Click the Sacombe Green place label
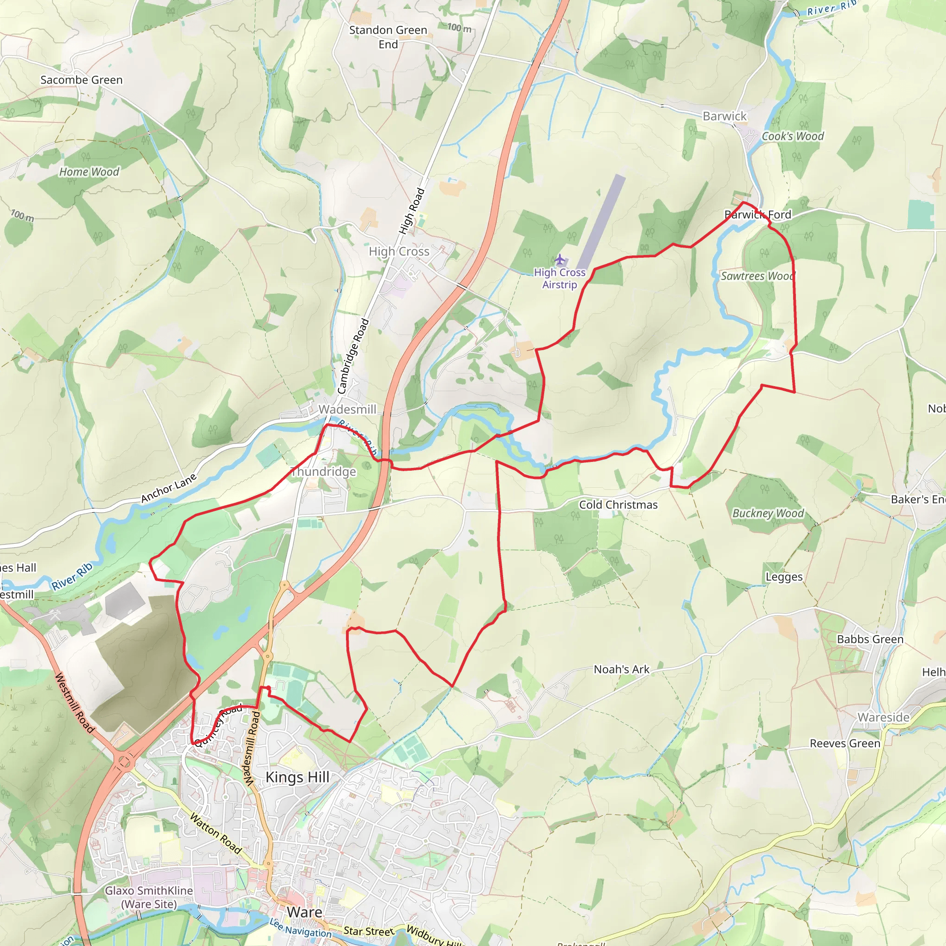tap(81, 80)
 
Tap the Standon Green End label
tap(388, 37)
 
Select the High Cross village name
tap(399, 251)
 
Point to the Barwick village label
tap(725, 116)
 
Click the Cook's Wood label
tap(793, 136)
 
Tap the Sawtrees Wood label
tap(757, 276)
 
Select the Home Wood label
tap(89, 172)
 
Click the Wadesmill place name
tap(347, 409)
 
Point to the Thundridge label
tap(323, 472)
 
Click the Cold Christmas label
tap(619, 505)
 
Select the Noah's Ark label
tap(621, 669)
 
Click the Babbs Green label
tap(870, 639)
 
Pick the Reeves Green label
tap(845, 743)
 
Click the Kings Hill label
tap(297, 777)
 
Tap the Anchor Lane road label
tap(169, 488)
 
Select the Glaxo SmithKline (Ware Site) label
tap(149, 897)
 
